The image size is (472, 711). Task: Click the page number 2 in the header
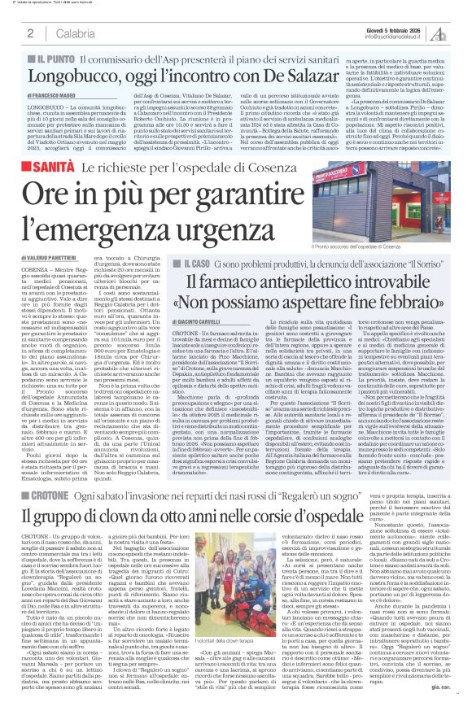[x=30, y=33]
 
